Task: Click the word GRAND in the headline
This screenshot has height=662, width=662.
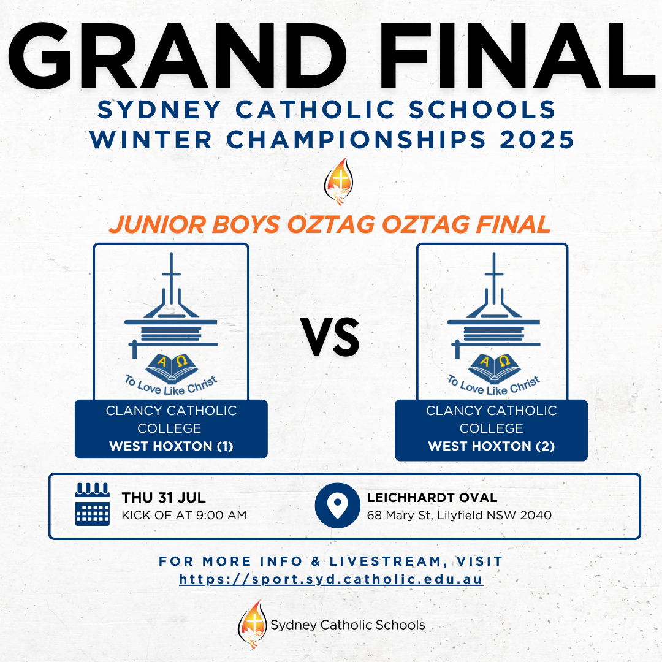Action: coord(177,56)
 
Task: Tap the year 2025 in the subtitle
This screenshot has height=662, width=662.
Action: coord(536,139)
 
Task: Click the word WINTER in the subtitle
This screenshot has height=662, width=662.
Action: coord(151,139)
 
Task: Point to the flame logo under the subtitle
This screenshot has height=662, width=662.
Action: coord(338,181)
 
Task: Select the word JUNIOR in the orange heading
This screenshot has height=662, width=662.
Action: coord(158,224)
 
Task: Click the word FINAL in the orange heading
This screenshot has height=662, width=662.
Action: coord(513,224)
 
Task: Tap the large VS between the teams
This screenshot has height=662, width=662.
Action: coord(330,337)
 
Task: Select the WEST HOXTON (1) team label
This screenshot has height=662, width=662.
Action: coord(171,446)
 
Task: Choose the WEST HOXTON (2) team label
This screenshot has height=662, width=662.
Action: coord(491,446)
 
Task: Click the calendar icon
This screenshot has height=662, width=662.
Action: coord(93,504)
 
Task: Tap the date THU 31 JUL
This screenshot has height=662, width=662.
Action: coord(164,497)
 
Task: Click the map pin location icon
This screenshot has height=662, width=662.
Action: coord(337,505)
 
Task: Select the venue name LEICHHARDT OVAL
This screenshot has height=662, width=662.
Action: coord(432,497)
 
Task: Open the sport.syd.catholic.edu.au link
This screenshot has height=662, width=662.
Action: coord(332,579)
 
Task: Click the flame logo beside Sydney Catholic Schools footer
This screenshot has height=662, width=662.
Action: coord(253,624)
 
